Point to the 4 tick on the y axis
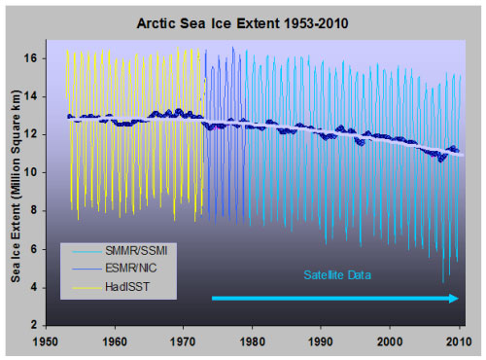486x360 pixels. pyautogui.click(x=38, y=287)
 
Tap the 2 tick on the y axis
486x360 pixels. pyautogui.click(x=38, y=325)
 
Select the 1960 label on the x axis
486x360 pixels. pyautogui.click(x=116, y=342)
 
